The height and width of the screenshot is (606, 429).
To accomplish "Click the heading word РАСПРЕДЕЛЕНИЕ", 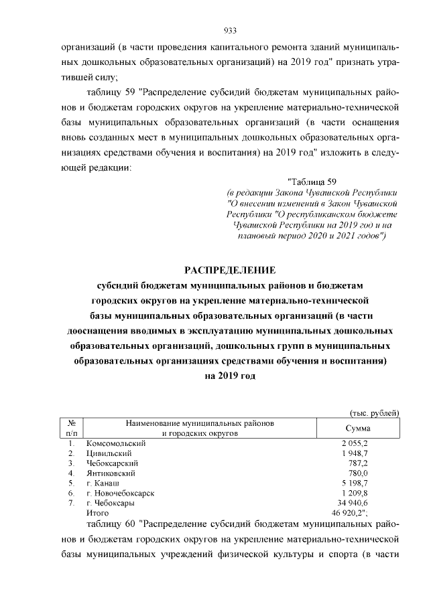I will pos(230,271).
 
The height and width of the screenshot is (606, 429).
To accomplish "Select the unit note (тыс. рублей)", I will pos(374,412).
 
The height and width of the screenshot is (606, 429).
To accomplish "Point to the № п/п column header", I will pos(71,429).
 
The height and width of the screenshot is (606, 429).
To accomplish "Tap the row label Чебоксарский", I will pos(113,463).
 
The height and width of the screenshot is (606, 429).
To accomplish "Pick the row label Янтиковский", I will pos(111,473).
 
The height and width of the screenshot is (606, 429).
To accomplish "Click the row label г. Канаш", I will pos(103,483).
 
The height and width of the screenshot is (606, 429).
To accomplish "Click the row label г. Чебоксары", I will pos(110,502).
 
